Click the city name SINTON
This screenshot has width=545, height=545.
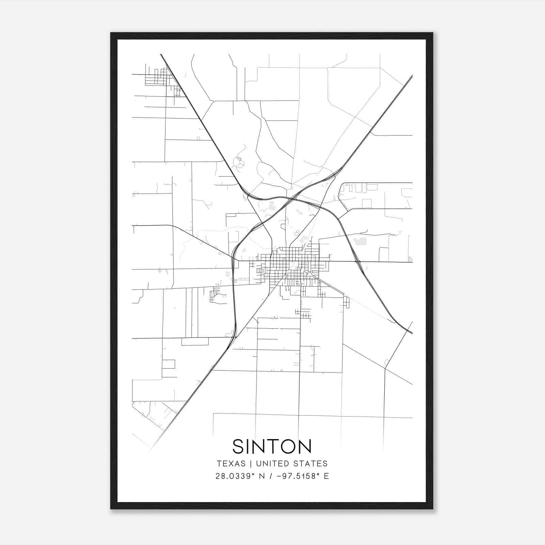pos(272,446)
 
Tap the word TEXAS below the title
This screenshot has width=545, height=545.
pos(231,464)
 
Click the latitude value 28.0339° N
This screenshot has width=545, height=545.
pos(240,476)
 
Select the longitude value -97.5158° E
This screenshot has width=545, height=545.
pos(303,476)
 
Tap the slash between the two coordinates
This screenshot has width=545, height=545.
pos(271,476)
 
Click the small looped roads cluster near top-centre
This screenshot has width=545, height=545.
pos(238,163)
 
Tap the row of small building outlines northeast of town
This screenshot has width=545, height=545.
pos(358,187)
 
